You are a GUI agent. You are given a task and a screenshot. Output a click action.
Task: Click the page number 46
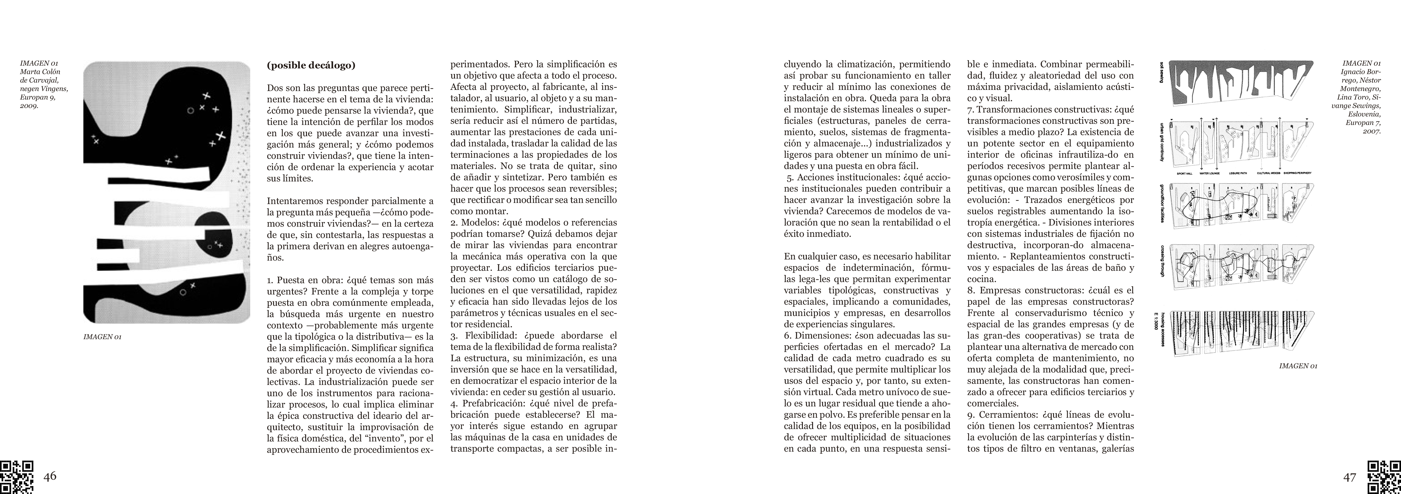coord(50,476)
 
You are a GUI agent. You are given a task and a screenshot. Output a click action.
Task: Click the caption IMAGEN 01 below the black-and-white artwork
coord(102,337)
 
